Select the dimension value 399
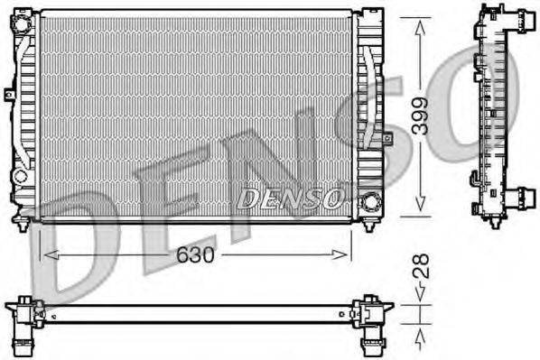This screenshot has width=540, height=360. pos(420,116)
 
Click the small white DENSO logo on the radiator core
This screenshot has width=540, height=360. pos(288,198)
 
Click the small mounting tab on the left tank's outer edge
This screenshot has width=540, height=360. pos(7,93)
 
